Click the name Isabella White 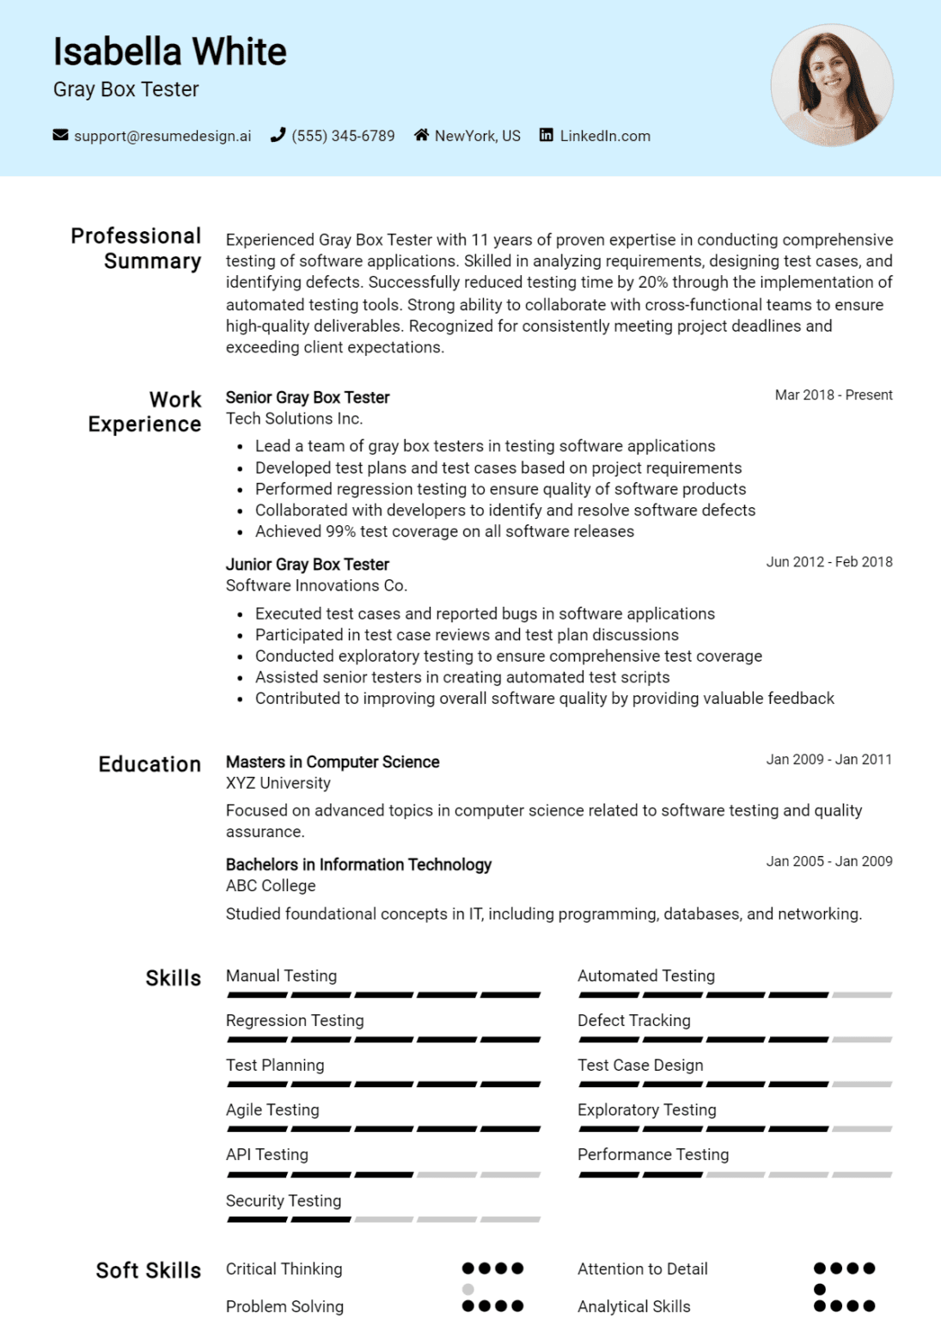click(169, 52)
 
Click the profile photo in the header click(831, 85)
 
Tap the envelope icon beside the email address click(60, 135)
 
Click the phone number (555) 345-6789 click(343, 136)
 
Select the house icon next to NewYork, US click(421, 135)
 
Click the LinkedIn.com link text click(604, 136)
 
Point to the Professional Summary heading click(136, 248)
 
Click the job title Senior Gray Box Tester click(307, 397)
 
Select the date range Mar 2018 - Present click(833, 395)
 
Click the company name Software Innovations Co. click(316, 585)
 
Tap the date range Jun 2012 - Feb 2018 click(828, 562)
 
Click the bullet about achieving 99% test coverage click(444, 531)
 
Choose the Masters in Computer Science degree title click(332, 761)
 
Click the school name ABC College click(270, 885)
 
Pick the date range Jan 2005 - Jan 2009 click(828, 861)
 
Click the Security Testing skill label click(283, 1201)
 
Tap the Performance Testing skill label click(652, 1154)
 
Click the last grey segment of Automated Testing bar click(862, 995)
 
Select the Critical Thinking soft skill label click(284, 1268)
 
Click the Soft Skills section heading click(148, 1270)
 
